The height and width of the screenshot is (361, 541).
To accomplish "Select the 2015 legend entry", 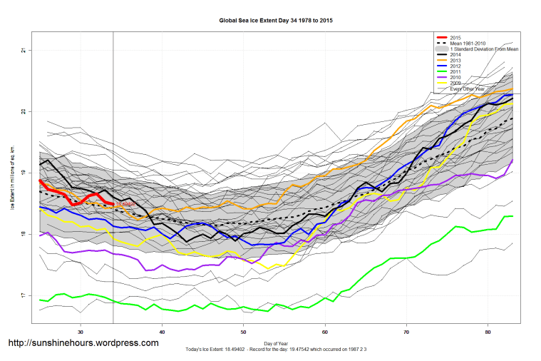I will (455, 37).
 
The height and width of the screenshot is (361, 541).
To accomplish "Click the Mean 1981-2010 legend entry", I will (466, 43).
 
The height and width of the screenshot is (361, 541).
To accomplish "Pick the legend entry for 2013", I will (455, 60).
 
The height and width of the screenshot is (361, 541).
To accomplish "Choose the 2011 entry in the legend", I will (455, 71).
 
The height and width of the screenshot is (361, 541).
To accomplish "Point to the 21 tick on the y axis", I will (24, 50).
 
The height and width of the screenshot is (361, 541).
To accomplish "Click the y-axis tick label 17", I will (24, 295).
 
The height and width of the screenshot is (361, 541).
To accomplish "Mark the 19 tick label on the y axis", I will (24, 173).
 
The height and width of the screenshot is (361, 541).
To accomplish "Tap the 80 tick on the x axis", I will (488, 332).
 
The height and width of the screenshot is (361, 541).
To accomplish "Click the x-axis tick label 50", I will (244, 332).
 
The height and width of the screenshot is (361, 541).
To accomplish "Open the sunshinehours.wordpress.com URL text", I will (83, 343).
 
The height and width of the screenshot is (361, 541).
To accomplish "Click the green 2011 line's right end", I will (511, 216).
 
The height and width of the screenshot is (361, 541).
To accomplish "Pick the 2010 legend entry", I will (455, 77).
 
